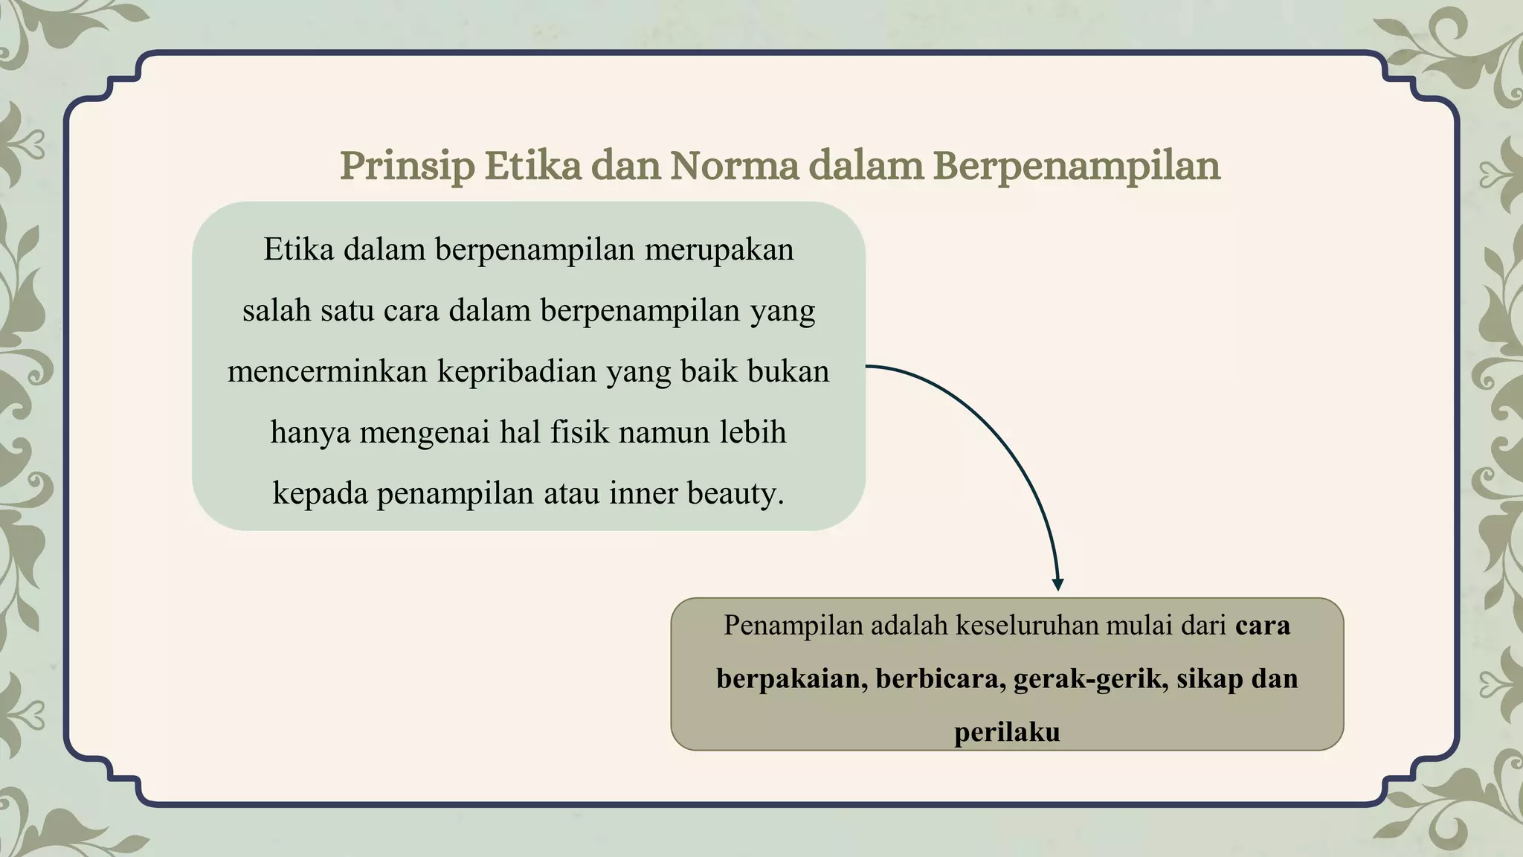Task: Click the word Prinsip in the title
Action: pyautogui.click(x=407, y=166)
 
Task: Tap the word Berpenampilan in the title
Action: pyautogui.click(x=1076, y=166)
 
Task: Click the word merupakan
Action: pyautogui.click(x=718, y=250)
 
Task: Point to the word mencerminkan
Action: pyautogui.click(x=327, y=371)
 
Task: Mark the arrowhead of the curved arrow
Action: pyautogui.click(x=1057, y=585)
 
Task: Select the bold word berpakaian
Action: pyautogui.click(x=791, y=679)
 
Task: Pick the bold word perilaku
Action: pyautogui.click(x=1007, y=733)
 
